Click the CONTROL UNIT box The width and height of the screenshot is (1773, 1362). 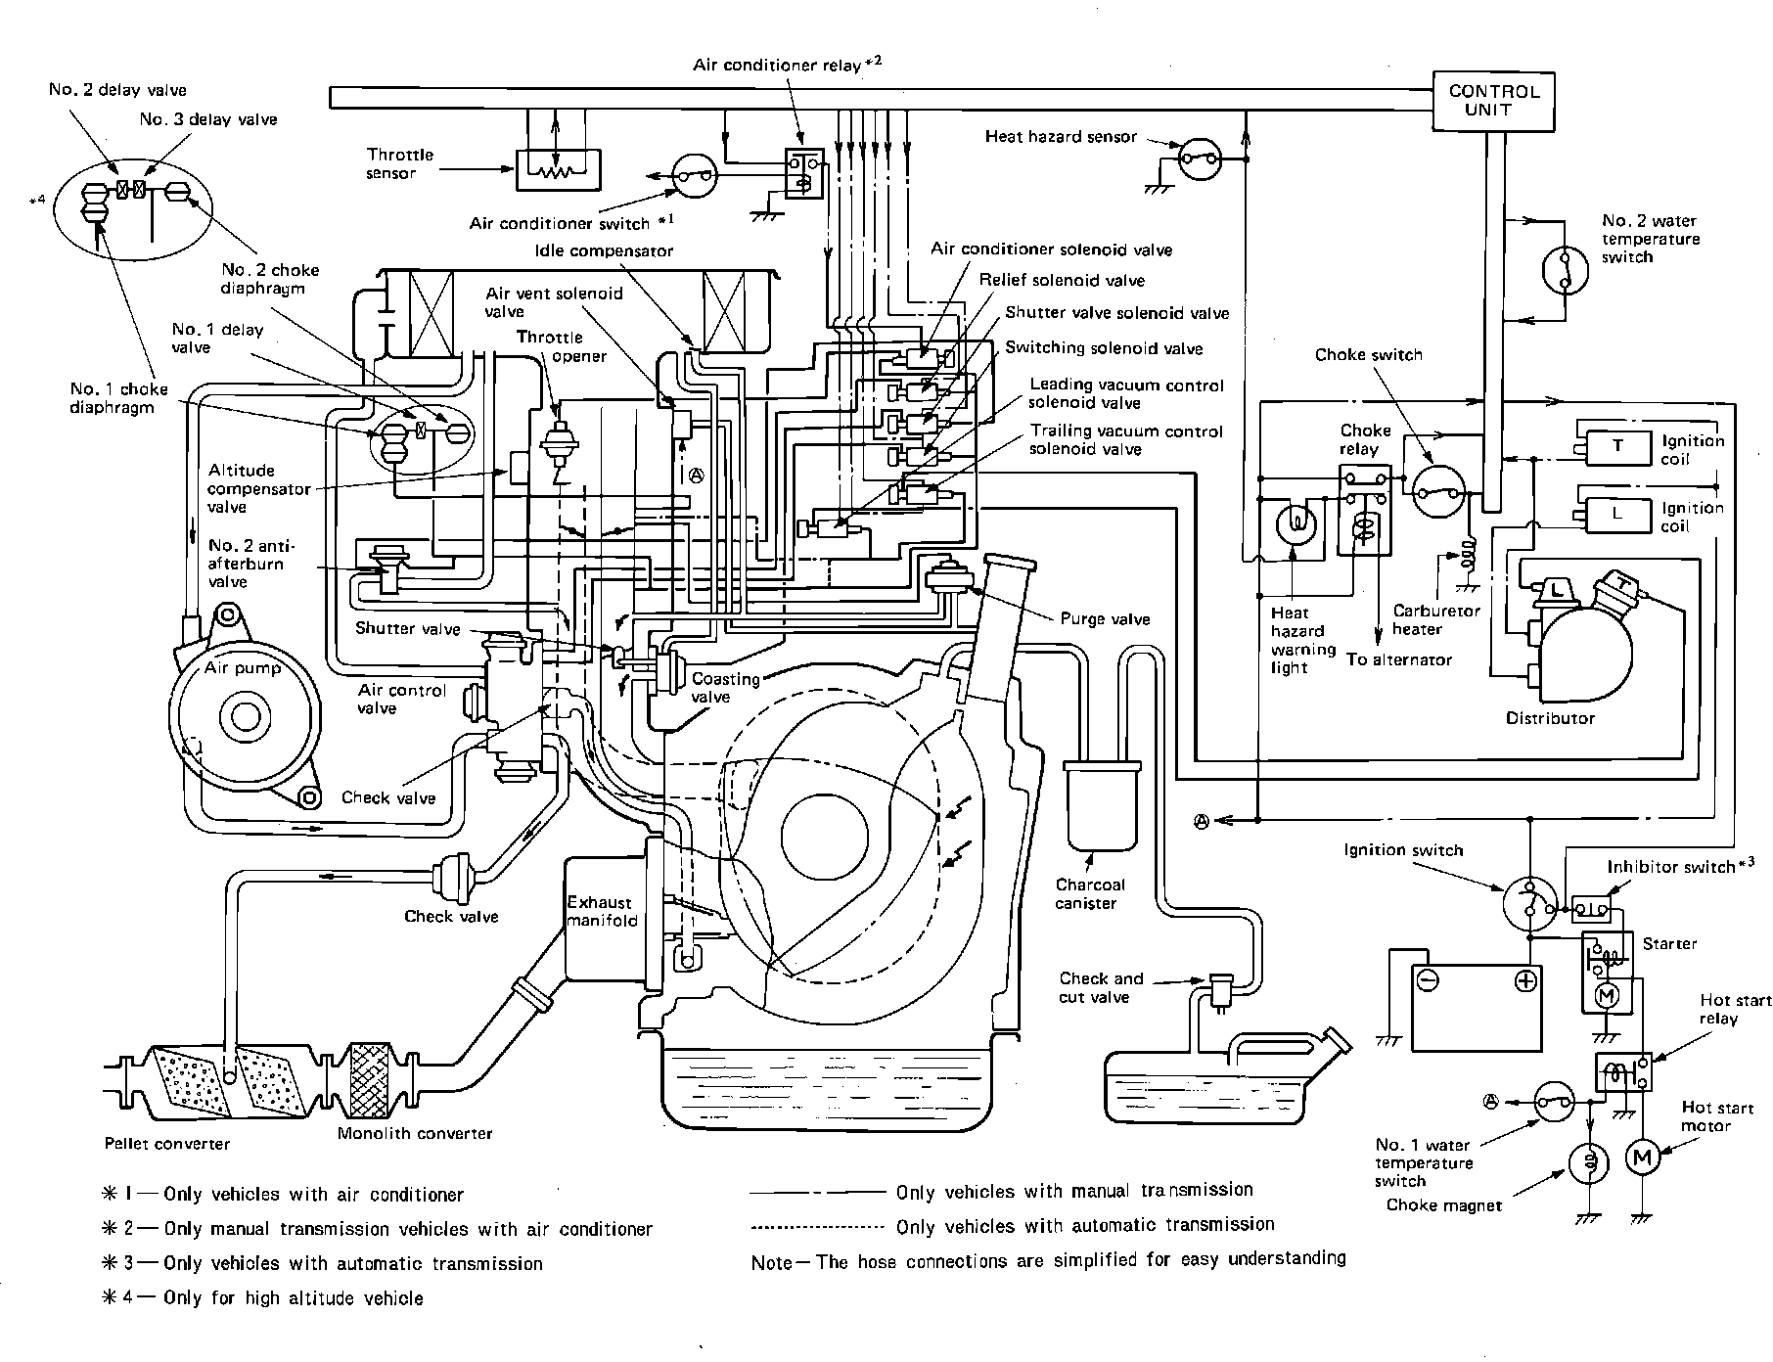point(1493,101)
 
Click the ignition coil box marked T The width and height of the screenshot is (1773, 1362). point(1616,446)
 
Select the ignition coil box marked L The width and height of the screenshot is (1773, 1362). point(1616,512)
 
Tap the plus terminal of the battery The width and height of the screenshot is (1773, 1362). point(1524,981)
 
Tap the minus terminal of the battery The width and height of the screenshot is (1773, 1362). point(1428,981)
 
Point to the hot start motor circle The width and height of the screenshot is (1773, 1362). point(1641,1158)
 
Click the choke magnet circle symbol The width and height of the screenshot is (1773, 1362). point(1589,1160)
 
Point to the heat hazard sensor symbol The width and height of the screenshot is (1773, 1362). point(1200,158)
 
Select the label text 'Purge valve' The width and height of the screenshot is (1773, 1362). point(1105,618)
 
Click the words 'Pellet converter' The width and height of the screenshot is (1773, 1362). point(167,1144)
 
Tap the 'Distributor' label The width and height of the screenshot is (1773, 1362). point(1550,718)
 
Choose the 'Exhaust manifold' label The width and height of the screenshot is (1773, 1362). point(602,911)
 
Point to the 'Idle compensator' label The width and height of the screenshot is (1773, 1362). point(604,250)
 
